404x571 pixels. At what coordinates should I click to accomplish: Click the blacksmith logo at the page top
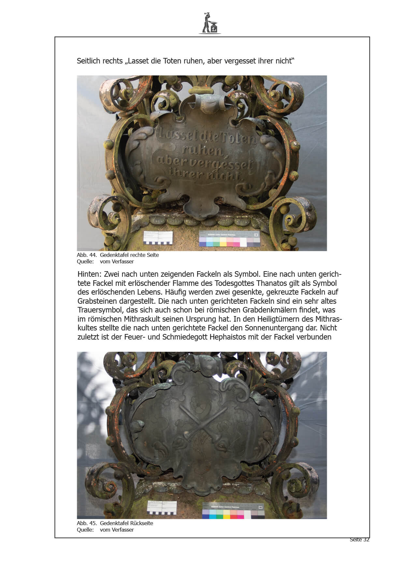click(x=210, y=23)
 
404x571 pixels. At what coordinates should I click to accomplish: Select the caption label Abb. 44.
click(x=87, y=255)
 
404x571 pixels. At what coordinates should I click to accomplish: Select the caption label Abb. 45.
click(x=87, y=523)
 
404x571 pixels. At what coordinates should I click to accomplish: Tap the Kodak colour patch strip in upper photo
click(x=230, y=239)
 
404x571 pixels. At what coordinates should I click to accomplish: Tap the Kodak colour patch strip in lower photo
click(x=233, y=511)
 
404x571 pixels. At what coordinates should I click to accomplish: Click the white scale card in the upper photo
click(x=158, y=238)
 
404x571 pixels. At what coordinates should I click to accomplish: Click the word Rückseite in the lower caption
click(x=142, y=523)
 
